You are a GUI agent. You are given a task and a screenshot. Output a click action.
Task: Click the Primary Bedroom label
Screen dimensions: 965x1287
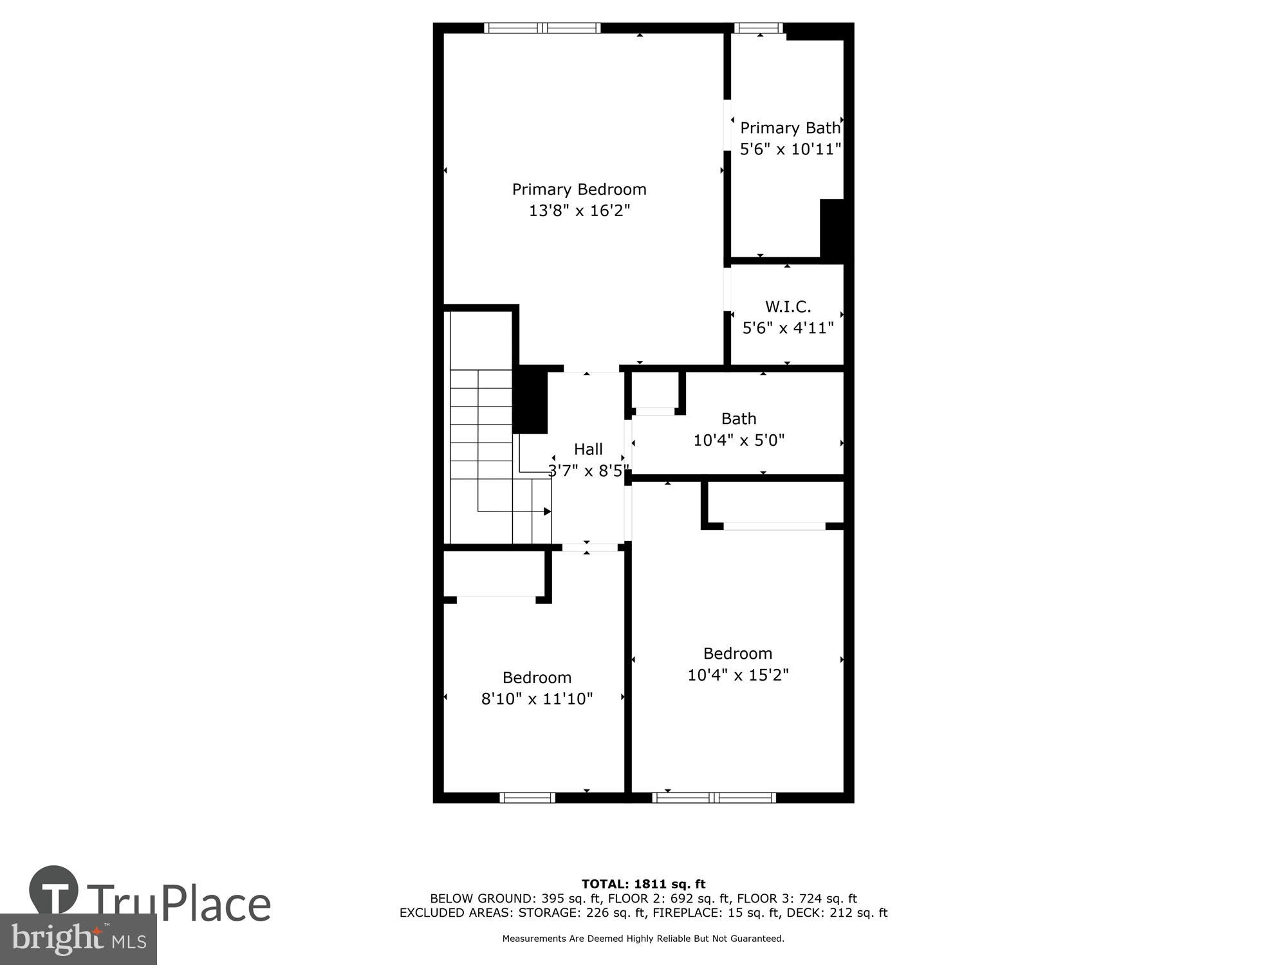[x=579, y=189]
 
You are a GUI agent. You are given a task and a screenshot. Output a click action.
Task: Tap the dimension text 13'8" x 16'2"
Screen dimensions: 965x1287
[x=579, y=210]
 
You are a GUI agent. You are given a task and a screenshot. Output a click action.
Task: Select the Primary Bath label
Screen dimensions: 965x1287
[x=790, y=128]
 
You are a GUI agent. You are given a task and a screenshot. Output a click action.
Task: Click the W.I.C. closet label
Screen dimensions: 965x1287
[x=788, y=306]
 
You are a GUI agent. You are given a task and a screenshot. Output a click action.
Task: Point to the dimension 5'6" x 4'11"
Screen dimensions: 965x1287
[x=788, y=328]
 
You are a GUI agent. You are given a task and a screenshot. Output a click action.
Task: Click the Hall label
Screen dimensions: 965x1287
[x=588, y=449]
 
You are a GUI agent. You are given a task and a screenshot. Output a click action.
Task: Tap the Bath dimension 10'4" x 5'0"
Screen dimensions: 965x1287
[x=739, y=441]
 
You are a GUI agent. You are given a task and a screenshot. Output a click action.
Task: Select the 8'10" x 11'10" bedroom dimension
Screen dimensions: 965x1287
[x=537, y=699]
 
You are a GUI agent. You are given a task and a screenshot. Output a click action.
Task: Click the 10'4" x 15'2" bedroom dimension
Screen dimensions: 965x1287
[x=738, y=675]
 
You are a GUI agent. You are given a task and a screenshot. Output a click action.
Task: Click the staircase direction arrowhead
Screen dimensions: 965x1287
[x=548, y=511]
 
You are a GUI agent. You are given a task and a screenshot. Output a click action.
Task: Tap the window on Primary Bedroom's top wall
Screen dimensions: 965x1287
[x=542, y=28]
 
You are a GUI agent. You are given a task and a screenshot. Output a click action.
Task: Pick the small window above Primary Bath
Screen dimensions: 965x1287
[x=759, y=28]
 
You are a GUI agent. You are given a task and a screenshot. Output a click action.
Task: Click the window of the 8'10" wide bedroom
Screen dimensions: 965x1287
[x=527, y=798]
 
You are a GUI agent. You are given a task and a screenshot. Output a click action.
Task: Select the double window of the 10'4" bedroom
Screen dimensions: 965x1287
[x=714, y=798]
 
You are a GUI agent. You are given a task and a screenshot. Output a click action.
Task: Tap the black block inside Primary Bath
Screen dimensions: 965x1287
[x=832, y=229]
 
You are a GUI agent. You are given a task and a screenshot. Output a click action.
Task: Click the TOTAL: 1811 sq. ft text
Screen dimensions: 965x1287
[x=643, y=884]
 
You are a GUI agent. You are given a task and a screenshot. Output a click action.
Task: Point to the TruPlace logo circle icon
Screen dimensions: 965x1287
[x=54, y=890]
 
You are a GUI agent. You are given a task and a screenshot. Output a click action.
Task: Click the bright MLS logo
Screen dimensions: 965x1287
[x=79, y=939]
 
